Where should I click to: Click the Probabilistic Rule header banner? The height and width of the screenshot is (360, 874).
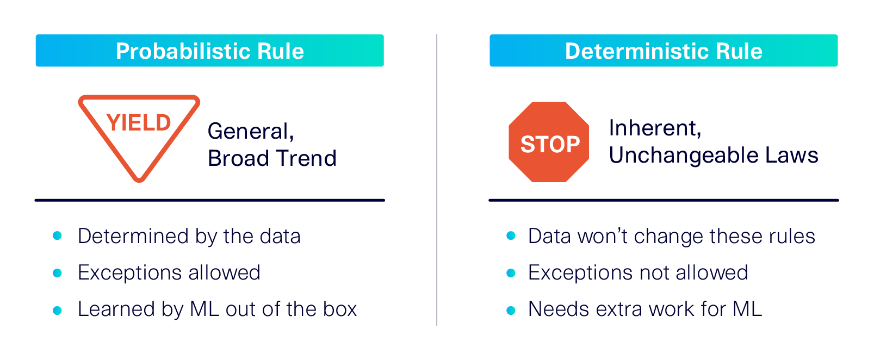pyautogui.click(x=209, y=51)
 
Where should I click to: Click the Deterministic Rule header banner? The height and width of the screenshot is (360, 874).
pyautogui.click(x=664, y=51)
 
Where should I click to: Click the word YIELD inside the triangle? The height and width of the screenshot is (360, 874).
pyautogui.click(x=139, y=123)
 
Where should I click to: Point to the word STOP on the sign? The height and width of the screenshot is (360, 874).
pyautogui.click(x=550, y=145)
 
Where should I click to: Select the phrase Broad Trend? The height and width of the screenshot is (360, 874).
pyautogui.click(x=272, y=158)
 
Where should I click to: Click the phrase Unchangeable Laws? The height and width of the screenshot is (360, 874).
pyautogui.click(x=713, y=156)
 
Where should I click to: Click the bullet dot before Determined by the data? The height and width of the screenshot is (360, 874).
pyautogui.click(x=57, y=236)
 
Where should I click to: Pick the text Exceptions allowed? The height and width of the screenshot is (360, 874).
pyautogui.click(x=169, y=272)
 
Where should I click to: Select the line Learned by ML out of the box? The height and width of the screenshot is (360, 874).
pyautogui.click(x=217, y=309)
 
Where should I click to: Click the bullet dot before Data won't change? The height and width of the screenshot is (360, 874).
pyautogui.click(x=511, y=236)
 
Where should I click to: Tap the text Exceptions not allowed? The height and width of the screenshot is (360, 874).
pyautogui.click(x=638, y=272)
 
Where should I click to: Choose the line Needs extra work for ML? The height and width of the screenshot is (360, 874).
pyautogui.click(x=645, y=309)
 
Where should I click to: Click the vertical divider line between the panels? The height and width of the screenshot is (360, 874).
pyautogui.click(x=437, y=179)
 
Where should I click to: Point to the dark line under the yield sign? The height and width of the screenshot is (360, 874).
pyautogui.click(x=209, y=200)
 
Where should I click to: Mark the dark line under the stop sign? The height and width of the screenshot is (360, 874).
pyautogui.click(x=664, y=200)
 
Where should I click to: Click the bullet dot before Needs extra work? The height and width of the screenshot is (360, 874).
pyautogui.click(x=511, y=310)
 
